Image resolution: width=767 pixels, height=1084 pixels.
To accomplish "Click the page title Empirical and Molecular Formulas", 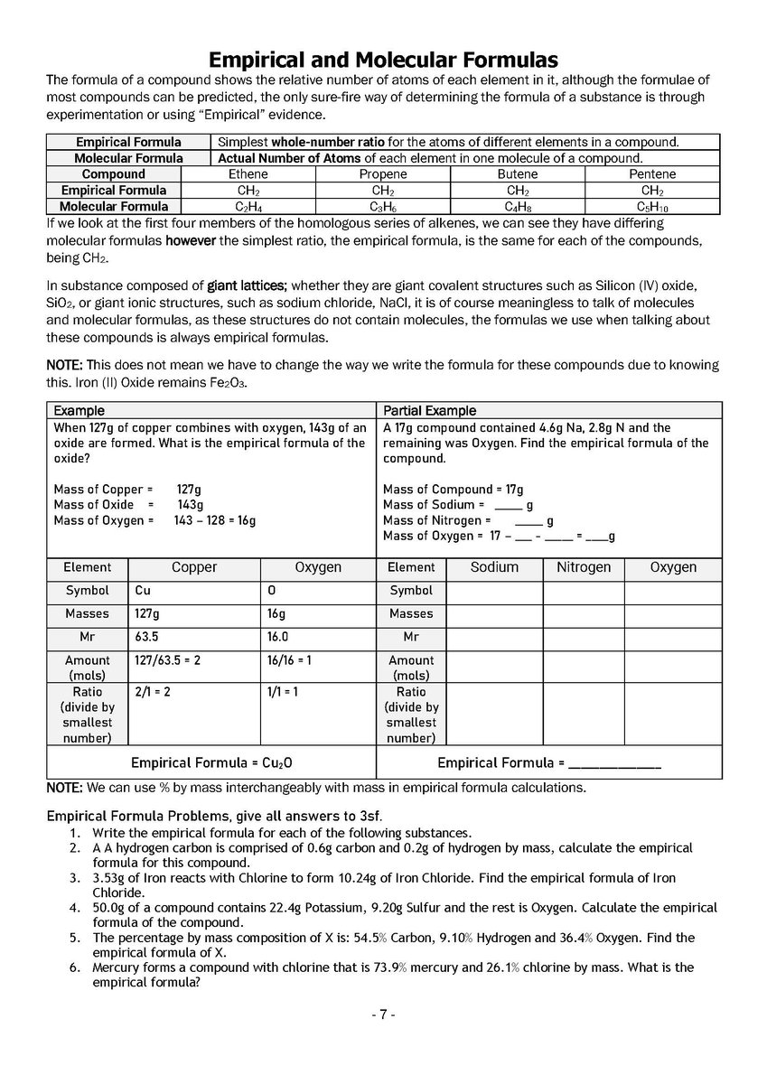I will (x=383, y=61).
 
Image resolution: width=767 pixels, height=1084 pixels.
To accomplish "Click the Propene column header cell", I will (x=383, y=174).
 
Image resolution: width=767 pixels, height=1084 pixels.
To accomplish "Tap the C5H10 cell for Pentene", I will (x=652, y=206).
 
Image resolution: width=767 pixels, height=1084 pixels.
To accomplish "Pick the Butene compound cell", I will (x=518, y=174).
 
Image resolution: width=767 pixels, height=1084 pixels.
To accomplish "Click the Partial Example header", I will (x=430, y=411).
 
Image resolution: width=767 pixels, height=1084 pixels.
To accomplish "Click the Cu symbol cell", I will (x=194, y=591).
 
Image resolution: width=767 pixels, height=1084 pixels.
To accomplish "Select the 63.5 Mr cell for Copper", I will (x=194, y=637).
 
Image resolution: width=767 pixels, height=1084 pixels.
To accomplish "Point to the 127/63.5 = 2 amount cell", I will (x=194, y=660).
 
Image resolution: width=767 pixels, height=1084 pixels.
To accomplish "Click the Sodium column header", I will (x=495, y=567).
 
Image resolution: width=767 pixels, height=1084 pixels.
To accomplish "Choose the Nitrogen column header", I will (x=584, y=567).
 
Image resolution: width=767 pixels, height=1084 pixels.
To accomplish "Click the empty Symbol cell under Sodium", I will (x=495, y=591).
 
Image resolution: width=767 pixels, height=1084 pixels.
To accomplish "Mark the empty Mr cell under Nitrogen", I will (x=584, y=637).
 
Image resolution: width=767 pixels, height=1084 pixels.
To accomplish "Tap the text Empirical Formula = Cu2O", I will (x=212, y=762).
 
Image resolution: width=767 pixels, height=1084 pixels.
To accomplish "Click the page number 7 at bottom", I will (x=383, y=1014).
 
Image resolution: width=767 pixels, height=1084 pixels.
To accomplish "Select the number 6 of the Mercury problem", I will (x=74, y=967).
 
